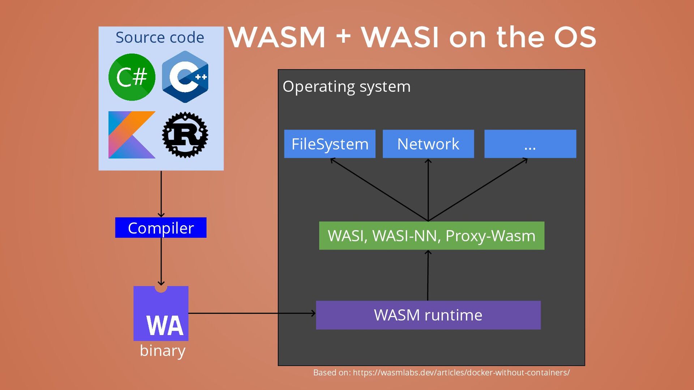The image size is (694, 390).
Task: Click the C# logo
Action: pyautogui.click(x=132, y=77)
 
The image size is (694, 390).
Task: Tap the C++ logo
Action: pyautogui.click(x=185, y=77)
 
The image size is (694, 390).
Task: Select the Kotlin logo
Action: pyautogui.click(x=132, y=135)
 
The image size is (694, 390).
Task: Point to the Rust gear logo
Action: pyautogui.click(x=185, y=135)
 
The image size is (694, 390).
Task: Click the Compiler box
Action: pyautogui.click(x=161, y=228)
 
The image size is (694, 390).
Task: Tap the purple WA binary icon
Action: pyautogui.click(x=161, y=313)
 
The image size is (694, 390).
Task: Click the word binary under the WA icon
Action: pyautogui.click(x=162, y=351)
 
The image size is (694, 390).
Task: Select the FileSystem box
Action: pyautogui.click(x=330, y=144)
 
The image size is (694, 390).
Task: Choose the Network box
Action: pyautogui.click(x=428, y=144)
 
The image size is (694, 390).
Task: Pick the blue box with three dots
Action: pyautogui.click(x=530, y=144)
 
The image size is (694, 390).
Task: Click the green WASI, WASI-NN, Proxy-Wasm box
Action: pyautogui.click(x=432, y=236)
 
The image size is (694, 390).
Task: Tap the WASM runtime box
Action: pyautogui.click(x=428, y=315)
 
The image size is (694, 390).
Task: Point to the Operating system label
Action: pyautogui.click(x=346, y=87)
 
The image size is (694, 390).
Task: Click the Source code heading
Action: pyautogui.click(x=160, y=38)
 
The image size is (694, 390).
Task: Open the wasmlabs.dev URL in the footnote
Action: pyautogui.click(x=461, y=373)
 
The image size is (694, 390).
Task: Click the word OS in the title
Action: pyautogui.click(x=575, y=37)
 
